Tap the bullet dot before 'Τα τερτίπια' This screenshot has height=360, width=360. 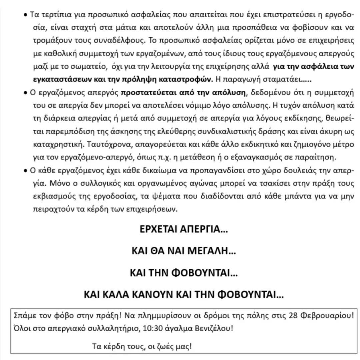[x=26, y=15]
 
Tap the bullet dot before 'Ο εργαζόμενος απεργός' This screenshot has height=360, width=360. [x=26, y=93]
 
